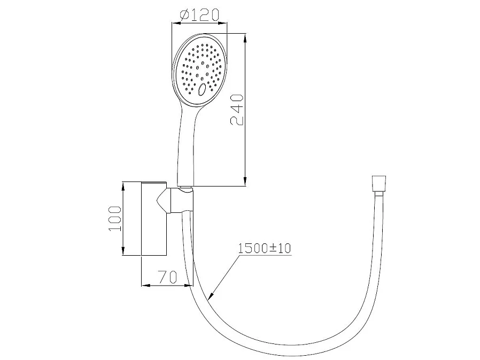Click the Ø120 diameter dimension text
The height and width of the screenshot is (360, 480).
(x=199, y=14)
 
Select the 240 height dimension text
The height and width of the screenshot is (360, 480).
(x=237, y=110)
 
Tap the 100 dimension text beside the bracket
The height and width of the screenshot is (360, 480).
(x=115, y=219)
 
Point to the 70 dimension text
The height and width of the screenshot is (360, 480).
(x=167, y=277)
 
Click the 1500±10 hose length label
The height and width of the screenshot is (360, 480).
(x=265, y=248)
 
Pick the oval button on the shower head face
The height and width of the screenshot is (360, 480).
(x=202, y=89)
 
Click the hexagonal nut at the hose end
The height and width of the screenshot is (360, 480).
(x=378, y=183)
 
